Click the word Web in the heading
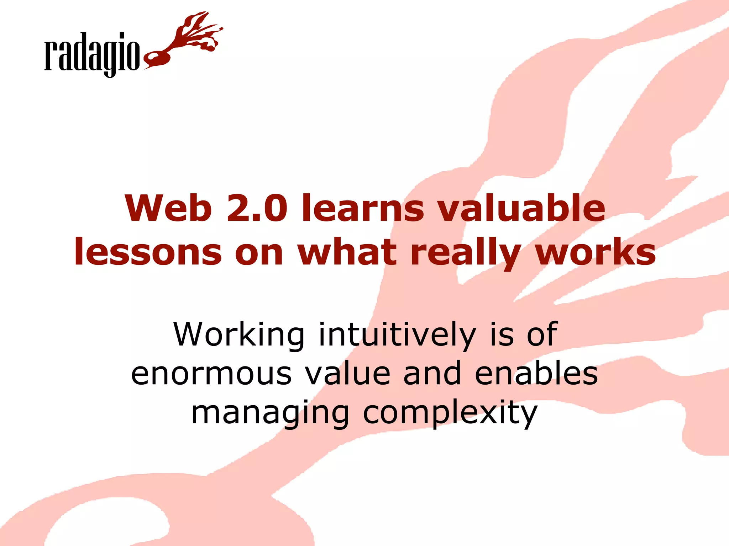pyautogui.click(x=168, y=209)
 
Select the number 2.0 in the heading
pyautogui.click(x=257, y=209)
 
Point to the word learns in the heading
pyautogui.click(x=363, y=209)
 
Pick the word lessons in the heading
pyautogui.click(x=148, y=252)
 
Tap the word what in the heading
pyautogui.click(x=347, y=252)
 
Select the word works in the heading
pyautogui.click(x=596, y=252)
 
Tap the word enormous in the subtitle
pyautogui.click(x=211, y=374)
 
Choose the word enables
pyautogui.click(x=536, y=374)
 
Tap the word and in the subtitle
pyautogui.click(x=432, y=374)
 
